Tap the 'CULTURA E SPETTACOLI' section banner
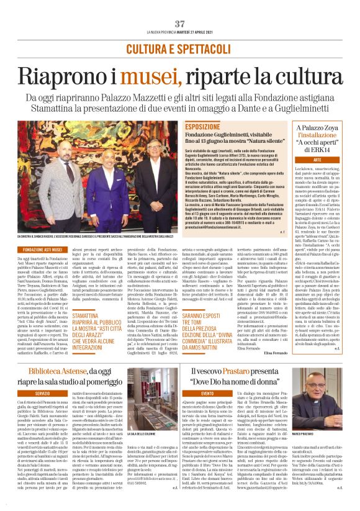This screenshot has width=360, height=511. [x=179, y=48]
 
